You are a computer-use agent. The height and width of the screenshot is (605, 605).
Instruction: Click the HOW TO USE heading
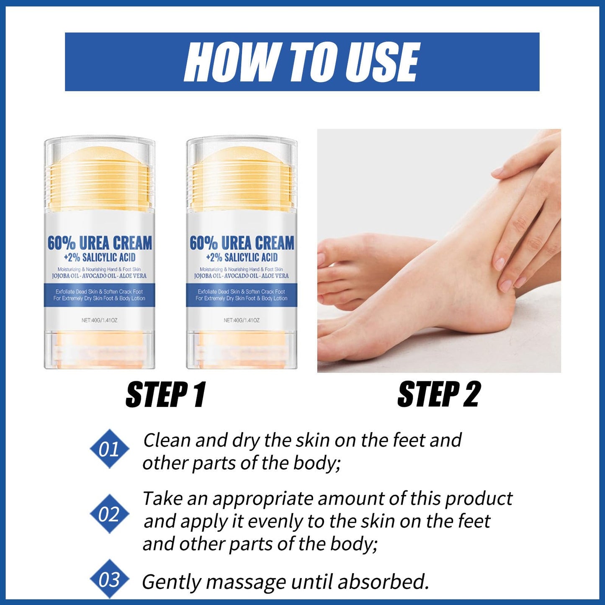pyautogui.click(x=301, y=62)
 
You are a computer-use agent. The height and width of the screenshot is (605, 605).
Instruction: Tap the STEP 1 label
pyautogui.click(x=166, y=394)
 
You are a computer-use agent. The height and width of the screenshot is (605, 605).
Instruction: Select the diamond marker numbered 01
pyautogui.click(x=110, y=449)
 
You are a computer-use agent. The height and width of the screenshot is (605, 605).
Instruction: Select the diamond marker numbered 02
pyautogui.click(x=110, y=514)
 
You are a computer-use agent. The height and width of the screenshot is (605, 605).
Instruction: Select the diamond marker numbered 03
pyautogui.click(x=110, y=579)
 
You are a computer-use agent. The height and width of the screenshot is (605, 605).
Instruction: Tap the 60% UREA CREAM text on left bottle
pyautogui.click(x=100, y=243)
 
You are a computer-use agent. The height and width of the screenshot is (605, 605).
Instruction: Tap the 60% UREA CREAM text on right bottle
pyautogui.click(x=242, y=243)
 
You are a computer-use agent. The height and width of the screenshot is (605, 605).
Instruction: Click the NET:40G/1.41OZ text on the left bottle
pyautogui.click(x=100, y=320)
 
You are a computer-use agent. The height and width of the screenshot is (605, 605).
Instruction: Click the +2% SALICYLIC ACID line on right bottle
pyautogui.click(x=242, y=257)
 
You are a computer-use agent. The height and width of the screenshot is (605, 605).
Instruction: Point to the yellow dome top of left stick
pyautogui.click(x=100, y=157)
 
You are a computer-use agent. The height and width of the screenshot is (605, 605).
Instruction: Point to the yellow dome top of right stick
pyautogui.click(x=242, y=157)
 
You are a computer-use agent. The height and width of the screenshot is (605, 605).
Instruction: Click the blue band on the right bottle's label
pyautogui.click(x=242, y=295)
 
